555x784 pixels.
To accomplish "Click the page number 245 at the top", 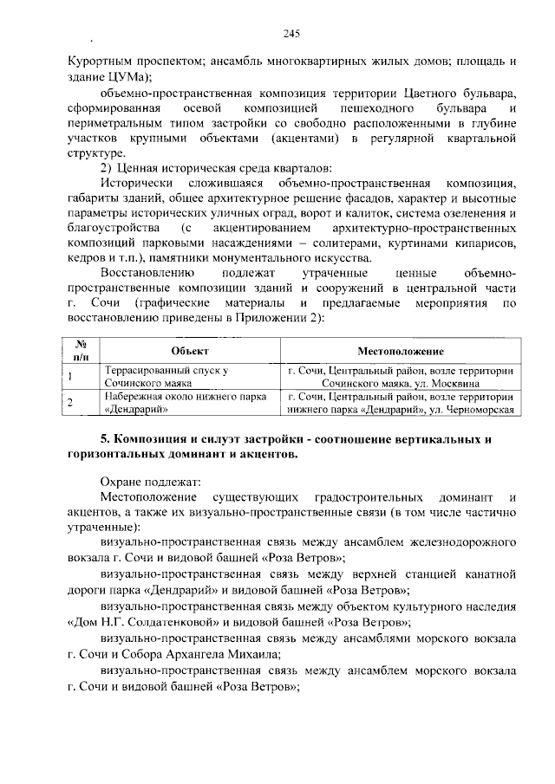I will coord(291,34).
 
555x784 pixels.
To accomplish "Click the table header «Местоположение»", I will coord(401,351).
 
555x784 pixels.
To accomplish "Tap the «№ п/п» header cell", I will coord(83,350).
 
